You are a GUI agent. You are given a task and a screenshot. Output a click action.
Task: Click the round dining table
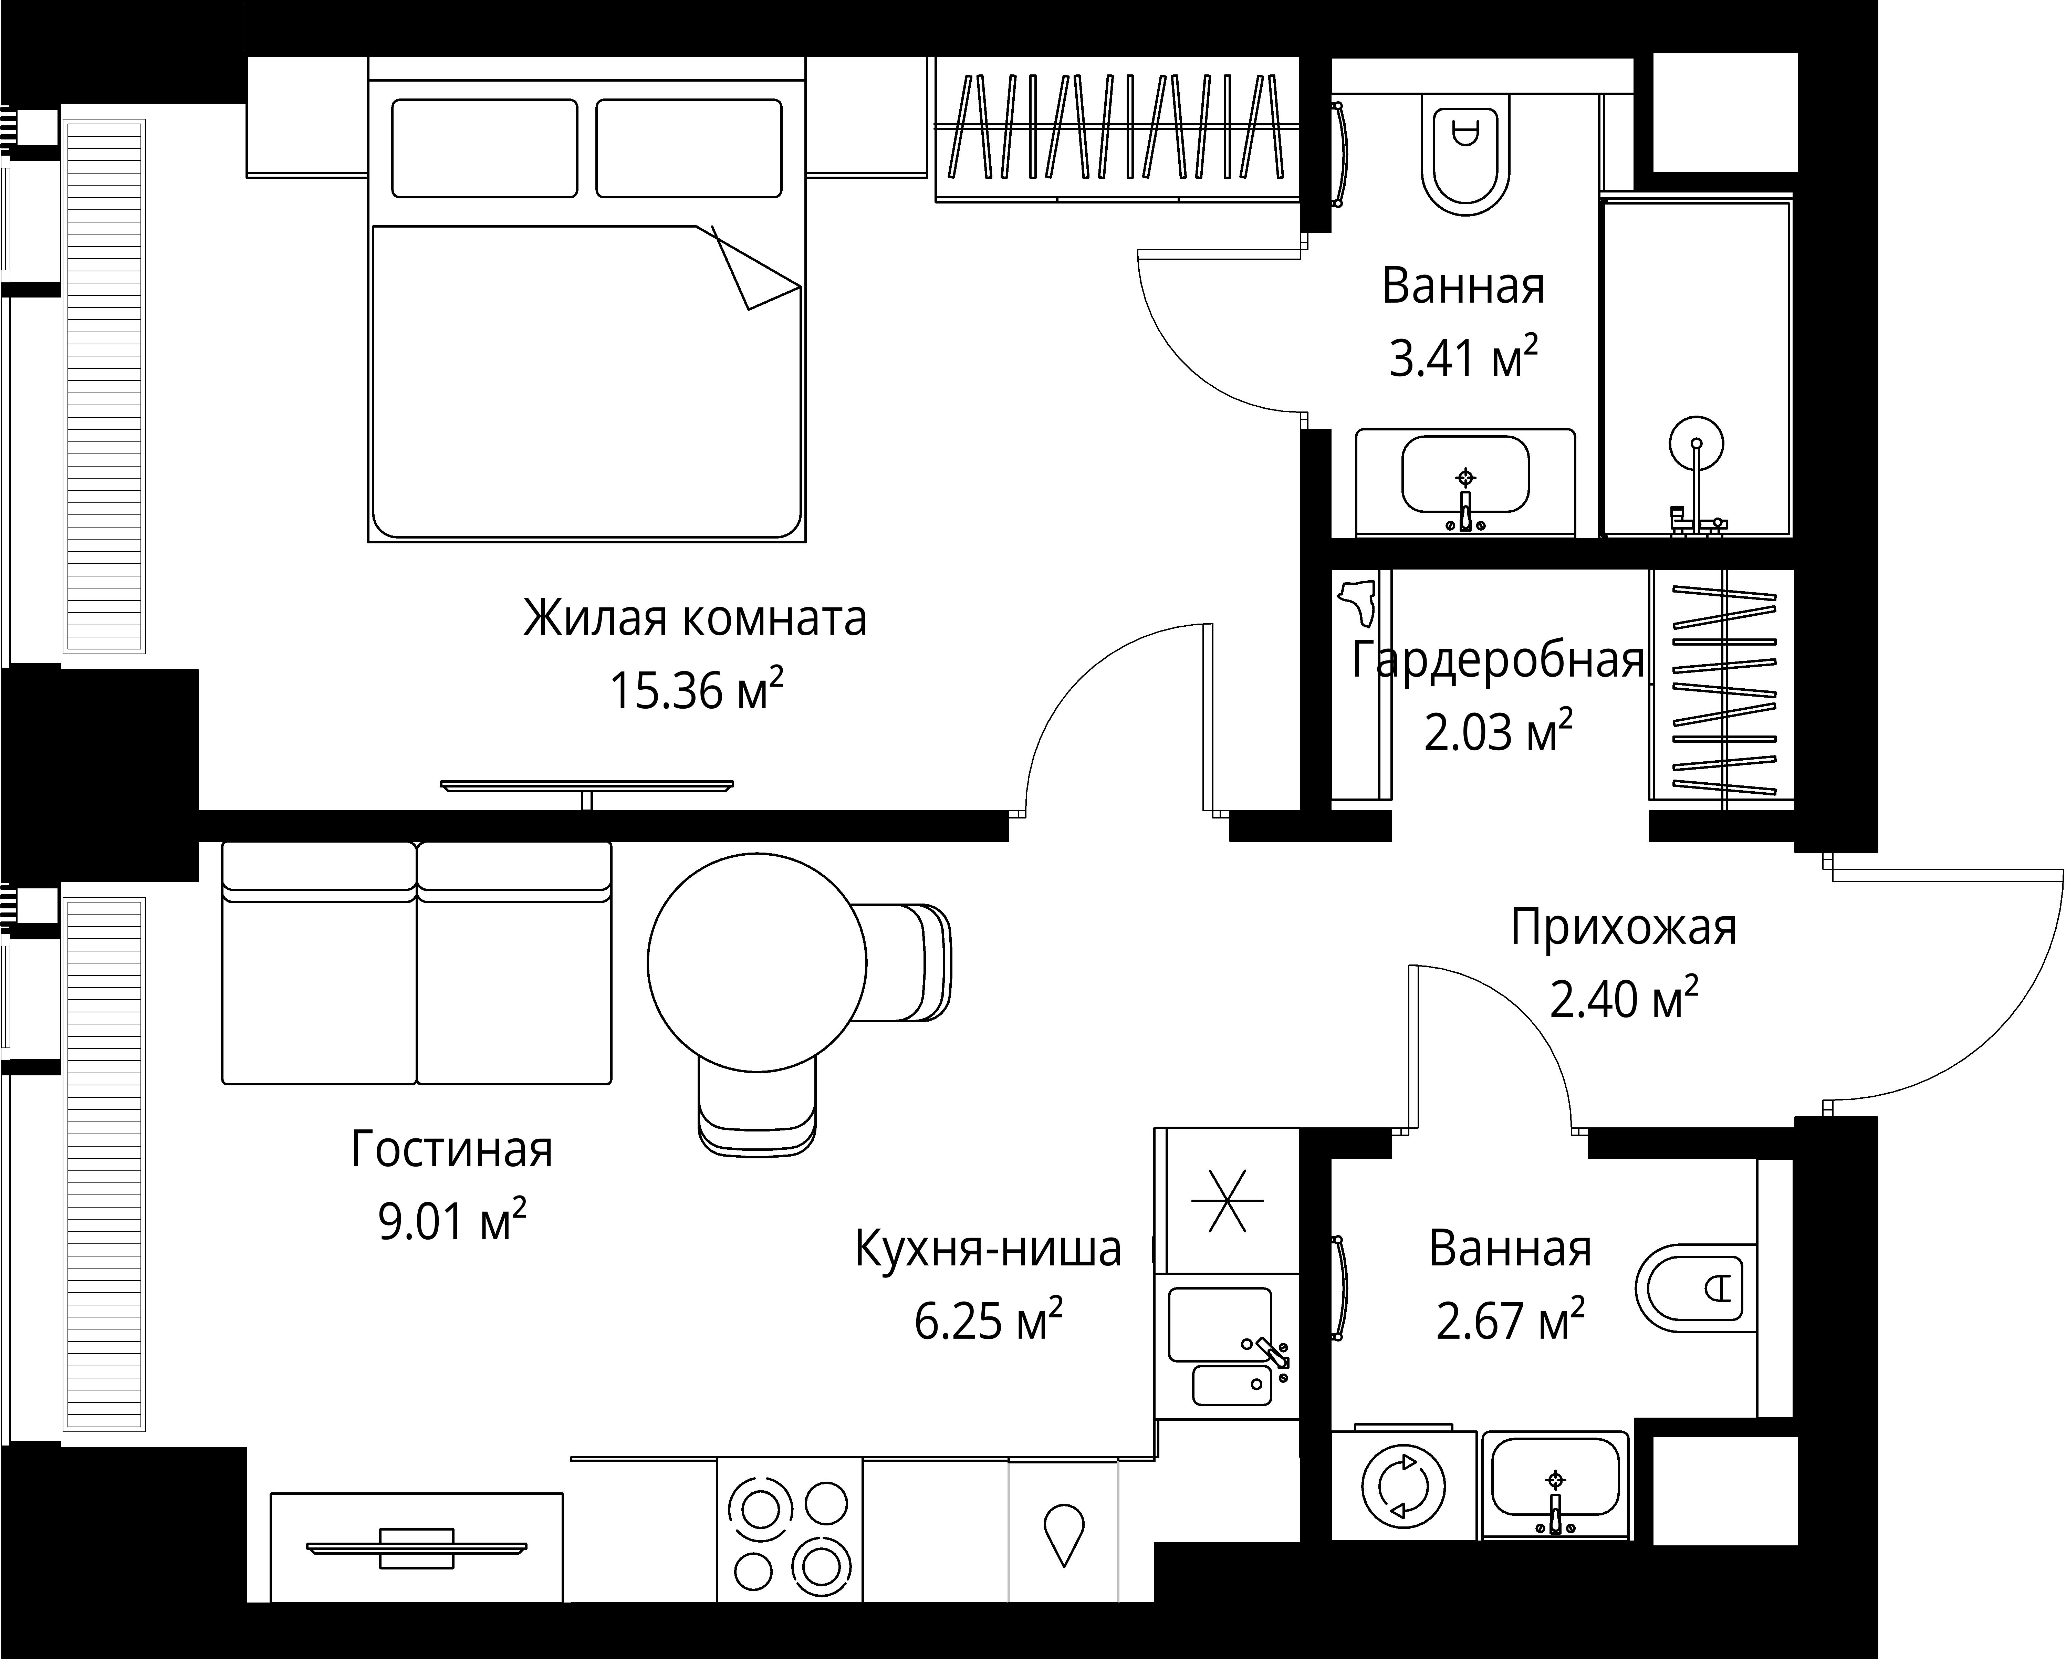point(757,961)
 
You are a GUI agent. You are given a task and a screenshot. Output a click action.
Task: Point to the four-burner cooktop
point(790,1533)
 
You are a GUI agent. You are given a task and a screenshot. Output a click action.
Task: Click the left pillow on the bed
point(485,148)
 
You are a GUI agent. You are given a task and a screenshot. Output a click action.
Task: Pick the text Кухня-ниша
point(987,1249)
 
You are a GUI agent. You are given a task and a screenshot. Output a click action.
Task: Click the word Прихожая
point(1623,928)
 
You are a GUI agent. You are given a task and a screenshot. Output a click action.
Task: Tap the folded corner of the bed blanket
point(757,273)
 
